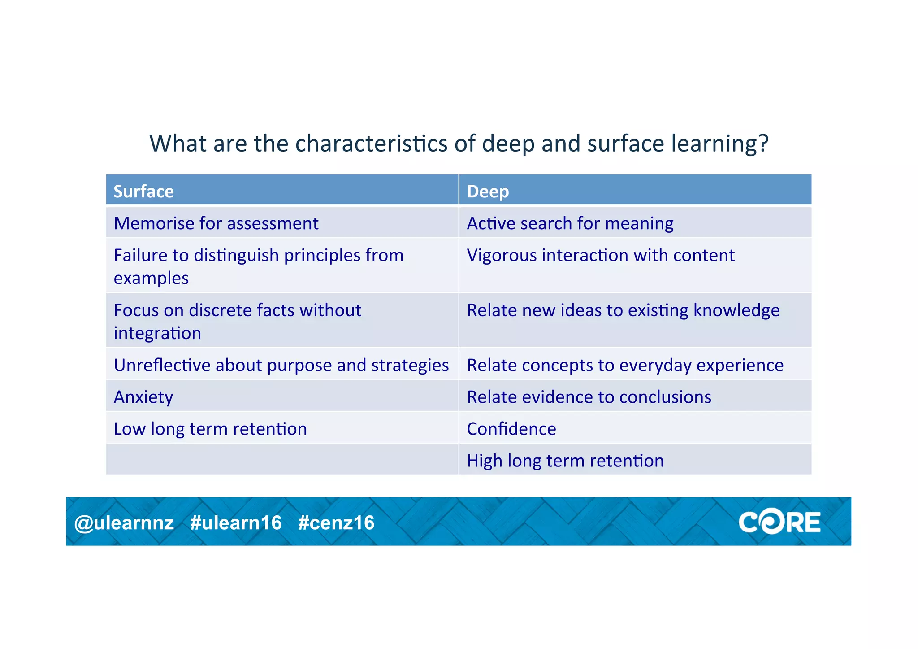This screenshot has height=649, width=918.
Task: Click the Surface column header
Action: coord(143,192)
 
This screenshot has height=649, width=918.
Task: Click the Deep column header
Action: coord(488,192)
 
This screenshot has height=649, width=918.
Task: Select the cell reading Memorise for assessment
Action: coord(216,223)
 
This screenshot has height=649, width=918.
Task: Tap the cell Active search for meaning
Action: coord(570,223)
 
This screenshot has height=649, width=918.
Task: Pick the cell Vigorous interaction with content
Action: coord(601,255)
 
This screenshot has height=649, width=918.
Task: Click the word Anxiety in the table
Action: coord(143,397)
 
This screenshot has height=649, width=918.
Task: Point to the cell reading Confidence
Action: coord(511,429)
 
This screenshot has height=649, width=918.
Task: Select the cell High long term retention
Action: coord(565,461)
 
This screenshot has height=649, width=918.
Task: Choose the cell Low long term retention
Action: coord(210,429)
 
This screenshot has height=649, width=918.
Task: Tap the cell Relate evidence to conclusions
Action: coord(589,397)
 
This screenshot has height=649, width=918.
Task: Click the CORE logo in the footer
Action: coord(779,523)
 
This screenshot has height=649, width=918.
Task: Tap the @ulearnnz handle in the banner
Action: coord(124,523)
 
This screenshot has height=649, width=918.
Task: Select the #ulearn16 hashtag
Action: coord(236,523)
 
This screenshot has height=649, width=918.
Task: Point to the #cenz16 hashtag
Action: coord(336,523)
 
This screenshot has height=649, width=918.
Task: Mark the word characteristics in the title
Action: coord(371,144)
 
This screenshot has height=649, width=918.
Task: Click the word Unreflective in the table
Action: coord(162,366)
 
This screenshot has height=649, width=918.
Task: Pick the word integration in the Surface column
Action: coord(157,334)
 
